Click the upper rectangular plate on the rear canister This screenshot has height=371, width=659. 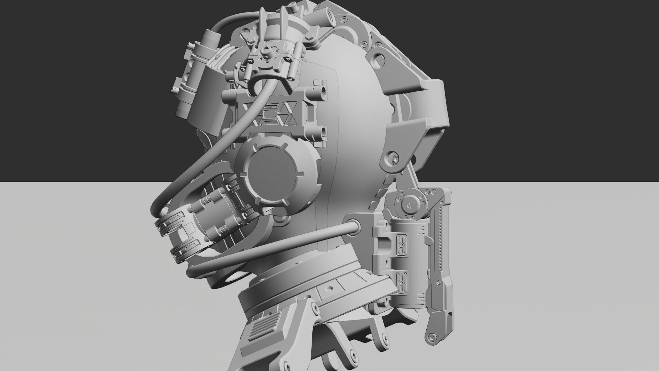(x=401, y=245)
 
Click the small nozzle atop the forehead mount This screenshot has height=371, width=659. (x=265, y=52)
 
